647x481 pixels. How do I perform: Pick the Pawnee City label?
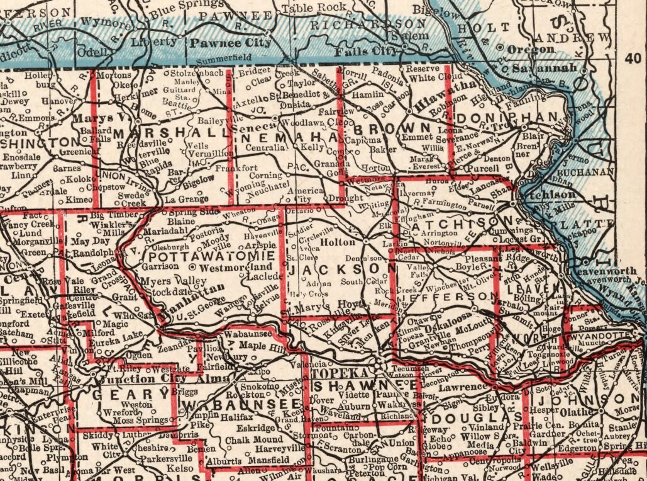(x=231, y=43)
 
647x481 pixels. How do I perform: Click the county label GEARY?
(x=130, y=395)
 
